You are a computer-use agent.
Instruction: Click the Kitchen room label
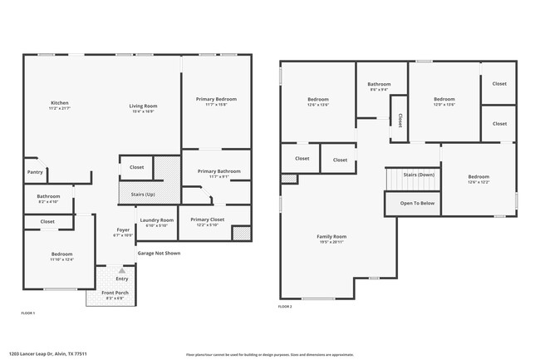58,103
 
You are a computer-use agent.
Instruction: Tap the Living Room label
143,106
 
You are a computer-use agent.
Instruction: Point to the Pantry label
35,172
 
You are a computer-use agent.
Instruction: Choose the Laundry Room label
156,219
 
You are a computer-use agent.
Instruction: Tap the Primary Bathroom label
218,171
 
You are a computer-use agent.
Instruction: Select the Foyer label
122,230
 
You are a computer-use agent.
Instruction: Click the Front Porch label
114,292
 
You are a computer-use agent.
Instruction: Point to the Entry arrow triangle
122,270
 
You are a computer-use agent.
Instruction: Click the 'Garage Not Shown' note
158,253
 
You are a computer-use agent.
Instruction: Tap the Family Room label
331,237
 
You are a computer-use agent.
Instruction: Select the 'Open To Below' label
416,202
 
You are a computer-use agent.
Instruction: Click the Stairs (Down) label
419,175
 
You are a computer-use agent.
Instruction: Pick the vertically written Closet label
400,121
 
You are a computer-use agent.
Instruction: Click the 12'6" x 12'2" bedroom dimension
478,182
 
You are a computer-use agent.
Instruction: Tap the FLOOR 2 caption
285,307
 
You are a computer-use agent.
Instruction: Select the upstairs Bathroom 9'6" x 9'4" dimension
380,89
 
